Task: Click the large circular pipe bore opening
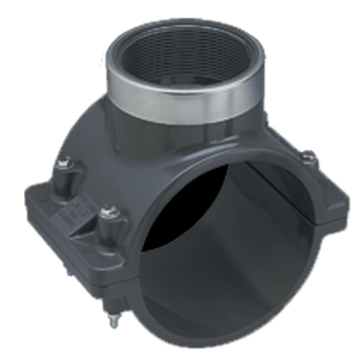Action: click(x=234, y=244)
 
